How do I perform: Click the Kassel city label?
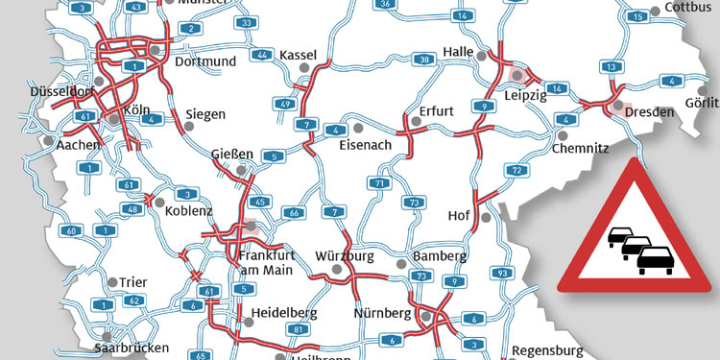point(298,55)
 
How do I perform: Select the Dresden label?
point(649,112)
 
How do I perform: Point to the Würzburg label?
point(345,257)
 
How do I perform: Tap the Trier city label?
point(132,282)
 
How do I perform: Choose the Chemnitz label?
point(581,148)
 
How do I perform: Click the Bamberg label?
point(440,257)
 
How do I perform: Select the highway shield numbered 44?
point(262,55)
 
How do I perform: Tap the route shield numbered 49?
point(285,103)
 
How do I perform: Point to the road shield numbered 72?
point(516,170)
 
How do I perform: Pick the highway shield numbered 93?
point(502,273)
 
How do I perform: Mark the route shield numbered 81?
point(300,329)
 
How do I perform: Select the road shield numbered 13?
point(609,66)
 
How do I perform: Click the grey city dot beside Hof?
point(486,217)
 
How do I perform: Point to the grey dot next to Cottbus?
point(656,10)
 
